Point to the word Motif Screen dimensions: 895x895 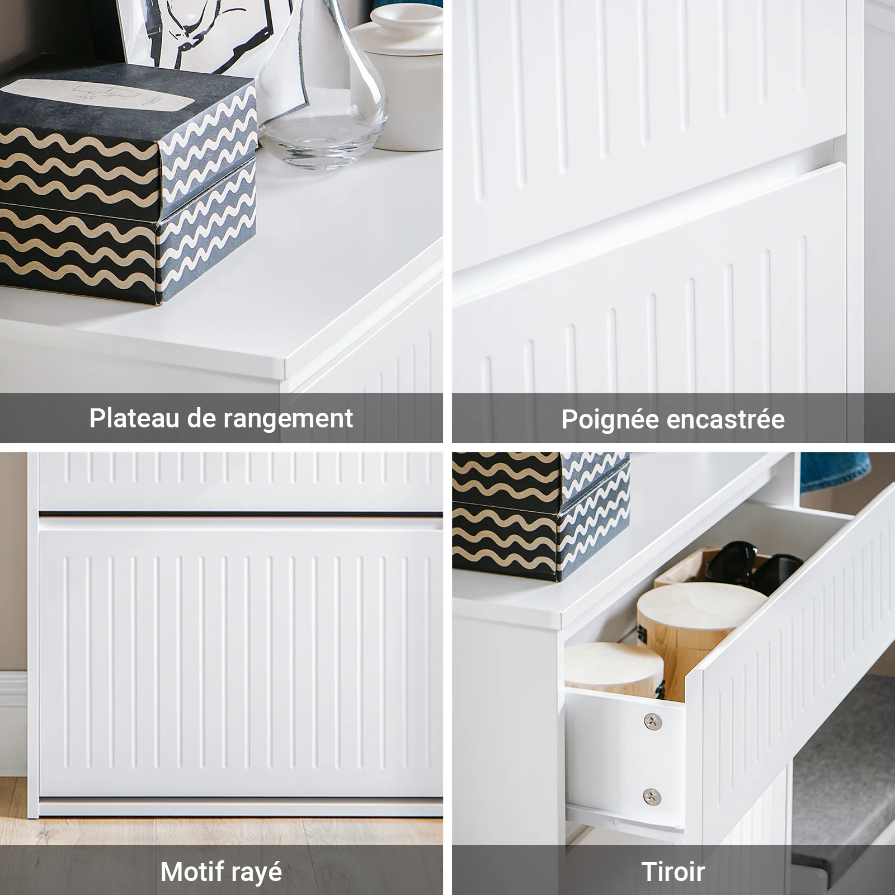[x=190, y=872]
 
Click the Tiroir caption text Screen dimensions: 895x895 [x=673, y=872]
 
